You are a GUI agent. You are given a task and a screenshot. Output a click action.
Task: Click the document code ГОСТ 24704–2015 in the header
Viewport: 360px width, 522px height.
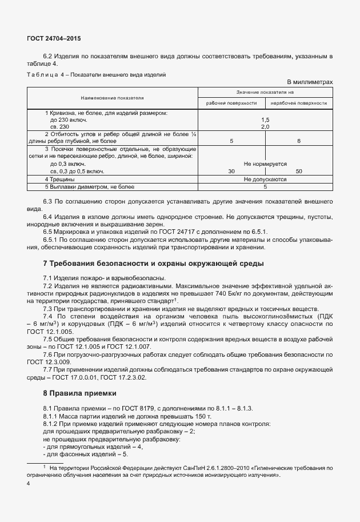pos(54,38)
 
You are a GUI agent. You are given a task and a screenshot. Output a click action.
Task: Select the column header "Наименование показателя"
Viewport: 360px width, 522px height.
pos(112,98)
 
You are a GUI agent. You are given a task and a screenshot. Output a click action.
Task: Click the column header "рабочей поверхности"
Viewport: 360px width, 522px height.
pos(231,103)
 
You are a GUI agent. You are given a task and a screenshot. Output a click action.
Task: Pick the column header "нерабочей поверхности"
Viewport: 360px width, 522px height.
pos(299,103)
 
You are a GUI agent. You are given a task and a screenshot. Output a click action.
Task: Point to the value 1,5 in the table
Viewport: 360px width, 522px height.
pos(265,119)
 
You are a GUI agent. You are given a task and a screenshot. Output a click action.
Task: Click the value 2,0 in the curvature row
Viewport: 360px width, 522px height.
pos(265,126)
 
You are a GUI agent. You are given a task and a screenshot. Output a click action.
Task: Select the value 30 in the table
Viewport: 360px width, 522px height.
pos(231,171)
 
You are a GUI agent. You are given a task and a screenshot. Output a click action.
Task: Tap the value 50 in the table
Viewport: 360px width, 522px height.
pos(299,171)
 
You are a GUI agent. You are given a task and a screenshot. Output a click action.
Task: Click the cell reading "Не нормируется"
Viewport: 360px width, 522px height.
pos(265,164)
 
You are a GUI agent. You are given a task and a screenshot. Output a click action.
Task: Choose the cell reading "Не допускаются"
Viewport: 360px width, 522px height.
pos(265,179)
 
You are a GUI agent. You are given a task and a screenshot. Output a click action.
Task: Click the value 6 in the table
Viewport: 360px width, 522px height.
pos(299,140)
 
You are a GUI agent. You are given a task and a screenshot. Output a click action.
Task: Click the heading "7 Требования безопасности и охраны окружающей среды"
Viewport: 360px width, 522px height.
pos(154,264)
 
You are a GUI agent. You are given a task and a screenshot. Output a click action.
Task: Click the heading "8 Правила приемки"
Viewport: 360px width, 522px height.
pos(80,393)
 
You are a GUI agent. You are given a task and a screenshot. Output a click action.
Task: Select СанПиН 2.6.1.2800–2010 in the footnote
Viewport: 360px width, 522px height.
pos(204,468)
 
